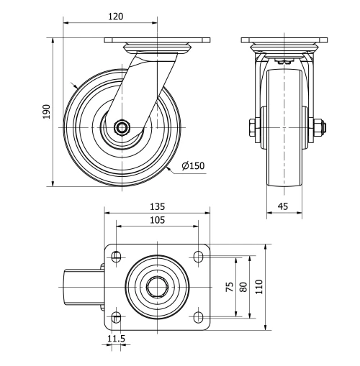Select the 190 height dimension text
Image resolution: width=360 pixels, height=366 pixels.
(47, 111)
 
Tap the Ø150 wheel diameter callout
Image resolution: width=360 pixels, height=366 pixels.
(193, 166)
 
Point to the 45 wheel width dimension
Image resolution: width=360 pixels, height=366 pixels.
(284, 206)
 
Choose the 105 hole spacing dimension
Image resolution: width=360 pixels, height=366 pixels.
(156, 219)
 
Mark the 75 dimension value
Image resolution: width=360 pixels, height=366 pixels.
(230, 287)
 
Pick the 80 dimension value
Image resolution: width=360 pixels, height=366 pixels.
(243, 287)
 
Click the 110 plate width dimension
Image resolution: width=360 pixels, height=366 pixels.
(259, 287)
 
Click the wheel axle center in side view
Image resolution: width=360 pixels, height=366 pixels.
(121, 129)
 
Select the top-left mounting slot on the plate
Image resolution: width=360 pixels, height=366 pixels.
(116, 255)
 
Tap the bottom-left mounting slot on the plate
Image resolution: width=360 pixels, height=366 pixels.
(116, 316)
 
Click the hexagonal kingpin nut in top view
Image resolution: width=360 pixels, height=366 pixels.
(156, 286)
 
